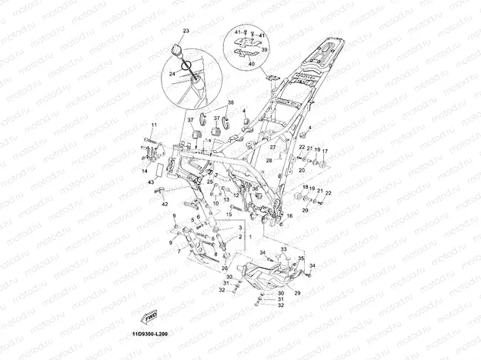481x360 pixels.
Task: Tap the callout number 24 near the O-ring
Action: (x=173, y=74)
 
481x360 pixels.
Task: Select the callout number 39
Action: (x=264, y=49)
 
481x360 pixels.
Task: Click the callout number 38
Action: (x=230, y=102)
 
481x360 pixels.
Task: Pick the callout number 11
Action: (x=154, y=125)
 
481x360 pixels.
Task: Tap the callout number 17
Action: (x=325, y=151)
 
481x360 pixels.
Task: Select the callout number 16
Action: (x=289, y=216)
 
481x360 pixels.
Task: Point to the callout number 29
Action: (x=298, y=293)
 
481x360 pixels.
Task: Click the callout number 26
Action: (x=225, y=268)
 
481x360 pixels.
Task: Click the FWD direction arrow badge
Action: (x=152, y=315)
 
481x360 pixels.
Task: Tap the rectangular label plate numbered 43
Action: (x=162, y=171)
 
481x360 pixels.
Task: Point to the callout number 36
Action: (x=255, y=188)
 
